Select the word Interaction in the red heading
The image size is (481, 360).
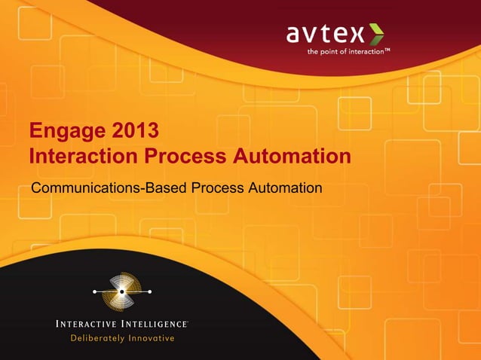pos(84,157)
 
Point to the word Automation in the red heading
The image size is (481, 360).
pos(298,157)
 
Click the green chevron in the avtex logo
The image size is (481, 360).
pos(375,34)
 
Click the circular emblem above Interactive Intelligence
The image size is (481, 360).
pos(122,291)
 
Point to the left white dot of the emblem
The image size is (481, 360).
pos(94,291)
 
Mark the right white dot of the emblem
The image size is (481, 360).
pos(150,291)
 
